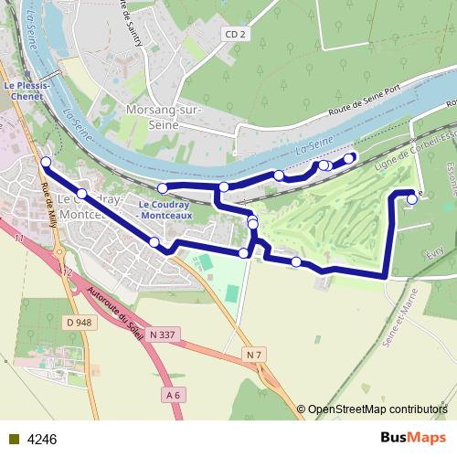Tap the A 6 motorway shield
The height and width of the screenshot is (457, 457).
click(175, 394)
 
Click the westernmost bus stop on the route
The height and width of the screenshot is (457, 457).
click(46, 162)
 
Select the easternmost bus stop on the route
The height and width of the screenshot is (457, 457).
click(412, 199)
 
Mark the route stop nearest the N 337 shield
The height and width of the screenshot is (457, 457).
click(155, 243)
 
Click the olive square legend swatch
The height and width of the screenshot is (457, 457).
click(13, 440)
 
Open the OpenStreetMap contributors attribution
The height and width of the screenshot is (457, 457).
click(377, 410)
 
